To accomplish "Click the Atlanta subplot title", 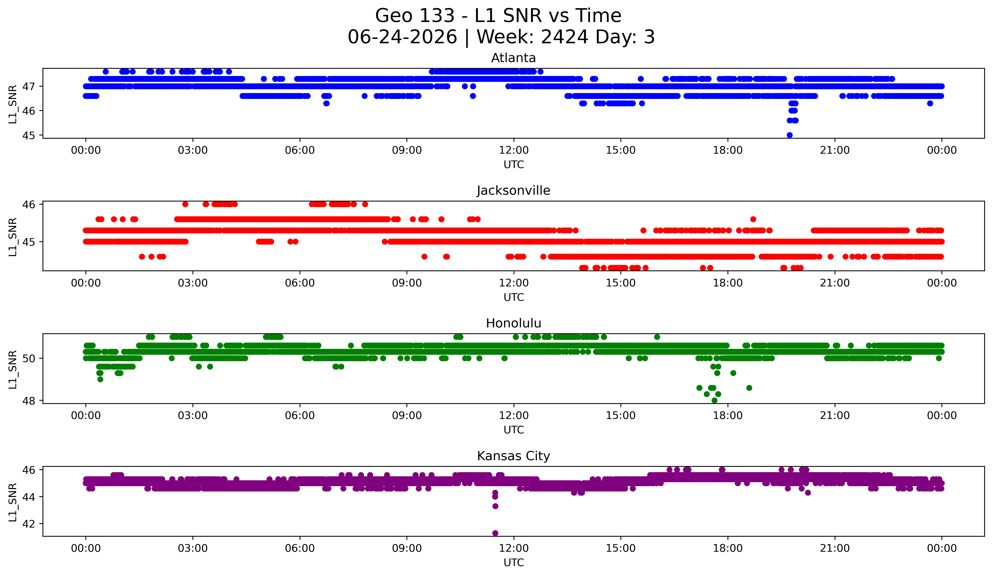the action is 513,58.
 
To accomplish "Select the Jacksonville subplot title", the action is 513,190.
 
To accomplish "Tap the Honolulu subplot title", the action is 513,323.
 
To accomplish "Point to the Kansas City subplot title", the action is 513,456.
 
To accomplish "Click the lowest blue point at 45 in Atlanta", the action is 789,135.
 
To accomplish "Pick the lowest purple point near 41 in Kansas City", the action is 495,533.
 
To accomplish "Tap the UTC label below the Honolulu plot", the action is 514,430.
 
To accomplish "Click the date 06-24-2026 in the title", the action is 402,37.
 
